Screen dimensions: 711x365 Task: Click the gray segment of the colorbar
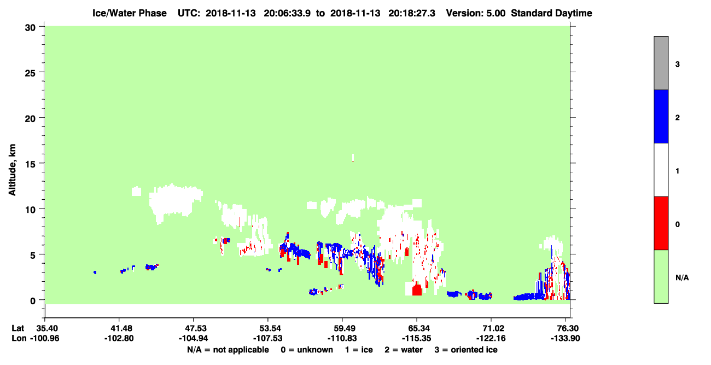[x=661, y=63]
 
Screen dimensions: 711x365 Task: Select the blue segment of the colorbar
[x=661, y=116]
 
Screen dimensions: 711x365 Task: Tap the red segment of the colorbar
[x=661, y=223]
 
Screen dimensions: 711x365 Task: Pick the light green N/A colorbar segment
[x=661, y=276]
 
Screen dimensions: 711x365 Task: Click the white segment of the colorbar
[x=661, y=170]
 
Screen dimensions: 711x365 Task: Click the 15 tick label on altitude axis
[x=30, y=164]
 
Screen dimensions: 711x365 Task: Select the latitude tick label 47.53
[x=193, y=328]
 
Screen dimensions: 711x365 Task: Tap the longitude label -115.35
[x=416, y=338]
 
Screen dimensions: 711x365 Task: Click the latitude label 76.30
[x=566, y=328]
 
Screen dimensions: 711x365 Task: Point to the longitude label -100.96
[x=45, y=338]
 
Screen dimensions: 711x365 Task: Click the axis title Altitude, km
[x=12, y=170]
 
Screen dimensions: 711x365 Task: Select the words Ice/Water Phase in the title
[x=130, y=13]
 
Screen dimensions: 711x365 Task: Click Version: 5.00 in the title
[x=476, y=13]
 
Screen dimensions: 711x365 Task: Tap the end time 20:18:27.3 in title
[x=412, y=13]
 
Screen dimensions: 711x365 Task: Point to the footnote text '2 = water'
[x=404, y=350]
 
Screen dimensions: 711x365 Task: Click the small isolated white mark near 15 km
[x=353, y=157]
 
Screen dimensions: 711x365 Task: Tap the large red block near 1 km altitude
[x=417, y=290]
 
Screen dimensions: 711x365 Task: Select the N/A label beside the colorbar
[x=682, y=277]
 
